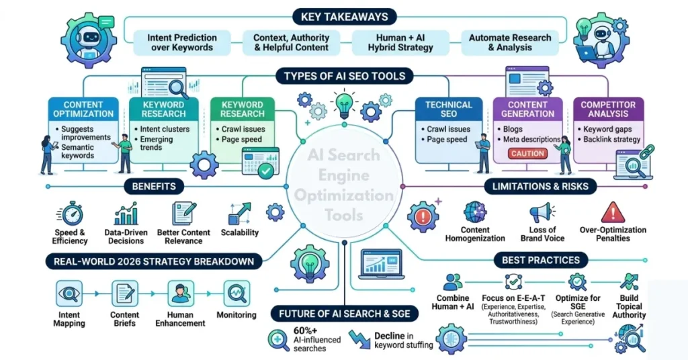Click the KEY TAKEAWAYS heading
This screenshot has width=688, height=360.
coord(344,15)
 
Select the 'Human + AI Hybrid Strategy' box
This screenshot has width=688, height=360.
coord(400,42)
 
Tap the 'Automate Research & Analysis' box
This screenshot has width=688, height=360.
coord(509,42)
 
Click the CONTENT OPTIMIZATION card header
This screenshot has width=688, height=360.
coord(83,109)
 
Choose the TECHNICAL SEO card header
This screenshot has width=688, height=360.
coord(449,109)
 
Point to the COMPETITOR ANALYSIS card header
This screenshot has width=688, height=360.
coord(607,109)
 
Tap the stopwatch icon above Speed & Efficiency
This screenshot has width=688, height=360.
coord(70,214)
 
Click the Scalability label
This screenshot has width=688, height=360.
coord(239,232)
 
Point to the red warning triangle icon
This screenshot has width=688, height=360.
coord(612,213)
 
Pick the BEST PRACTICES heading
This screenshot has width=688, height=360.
coord(540,260)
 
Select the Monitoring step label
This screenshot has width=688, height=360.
coord(236,314)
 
